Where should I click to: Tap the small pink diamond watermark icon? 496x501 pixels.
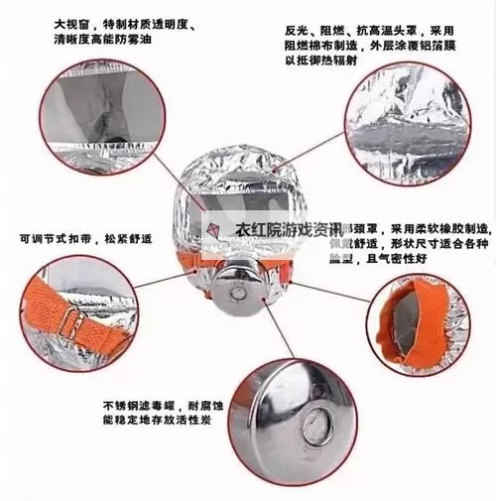point(212,228)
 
